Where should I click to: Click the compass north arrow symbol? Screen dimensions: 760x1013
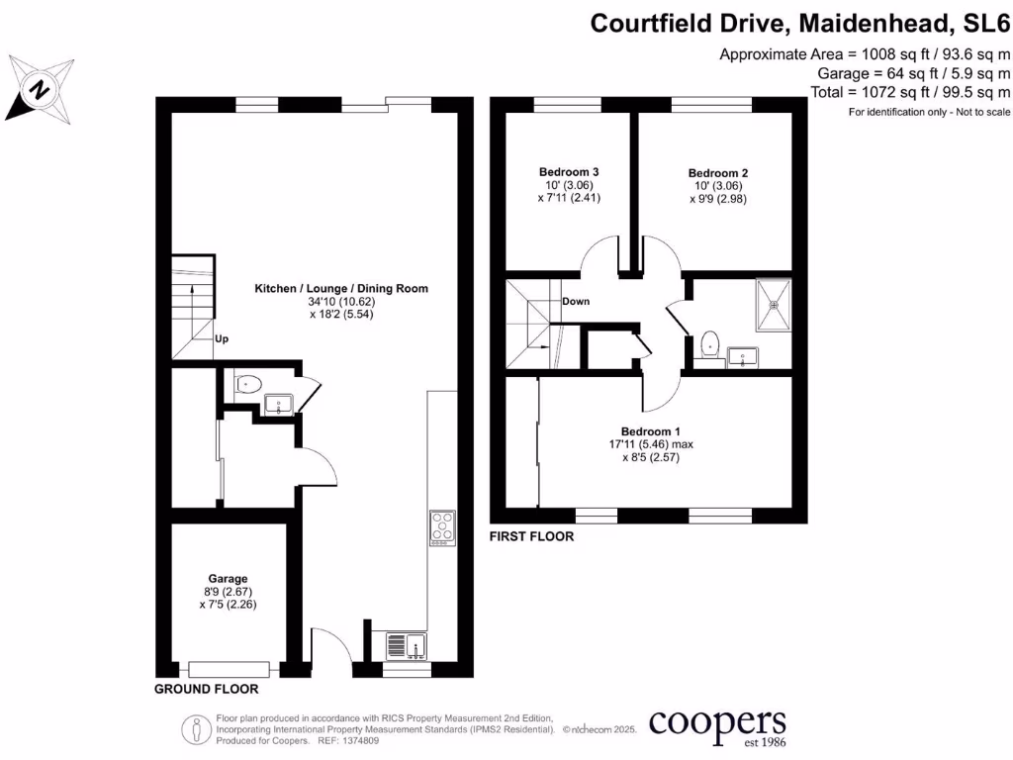pyautogui.click(x=40, y=89)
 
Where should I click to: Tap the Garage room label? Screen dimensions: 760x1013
pyautogui.click(x=228, y=578)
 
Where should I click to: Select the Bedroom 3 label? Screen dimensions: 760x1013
pyautogui.click(x=569, y=171)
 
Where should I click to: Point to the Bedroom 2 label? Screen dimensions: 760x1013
pyautogui.click(x=715, y=172)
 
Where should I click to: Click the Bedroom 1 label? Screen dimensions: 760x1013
pyautogui.click(x=651, y=430)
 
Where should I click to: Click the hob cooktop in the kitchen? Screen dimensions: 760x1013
pyautogui.click(x=441, y=527)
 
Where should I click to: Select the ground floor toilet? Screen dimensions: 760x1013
pyautogui.click(x=246, y=383)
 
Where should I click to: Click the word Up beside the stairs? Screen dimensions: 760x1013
pyautogui.click(x=222, y=338)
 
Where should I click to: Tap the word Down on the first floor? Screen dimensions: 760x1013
pyautogui.click(x=576, y=301)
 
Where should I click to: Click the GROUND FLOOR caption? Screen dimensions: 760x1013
pyautogui.click(x=207, y=689)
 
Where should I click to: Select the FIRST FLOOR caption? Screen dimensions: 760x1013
pyautogui.click(x=532, y=536)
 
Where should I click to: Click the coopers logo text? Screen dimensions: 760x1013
pyautogui.click(x=717, y=722)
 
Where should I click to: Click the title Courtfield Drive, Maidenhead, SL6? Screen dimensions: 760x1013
pyautogui.click(x=800, y=23)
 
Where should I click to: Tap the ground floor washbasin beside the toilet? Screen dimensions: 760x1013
pyautogui.click(x=277, y=404)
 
